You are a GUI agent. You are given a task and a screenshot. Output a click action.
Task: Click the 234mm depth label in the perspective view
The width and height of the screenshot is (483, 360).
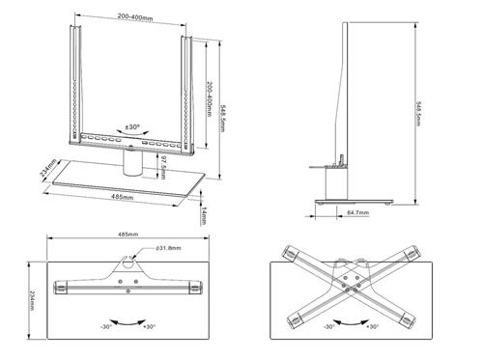[43, 170]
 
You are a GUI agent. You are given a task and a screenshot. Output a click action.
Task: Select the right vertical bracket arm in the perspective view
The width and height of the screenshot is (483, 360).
[188, 92]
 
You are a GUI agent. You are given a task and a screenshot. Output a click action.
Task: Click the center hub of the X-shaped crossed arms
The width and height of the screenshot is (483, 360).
[356, 281]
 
